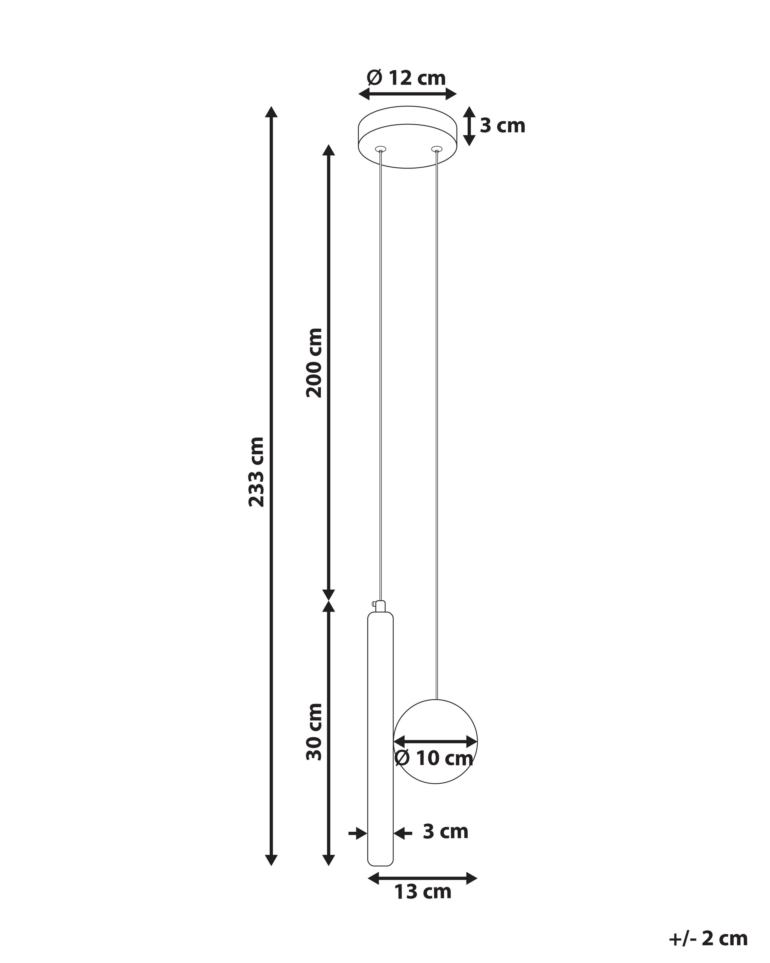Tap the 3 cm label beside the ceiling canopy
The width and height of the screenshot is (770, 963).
tap(502, 126)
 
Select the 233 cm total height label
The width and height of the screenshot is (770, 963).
tap(257, 472)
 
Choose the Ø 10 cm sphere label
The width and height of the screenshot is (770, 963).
tap(434, 758)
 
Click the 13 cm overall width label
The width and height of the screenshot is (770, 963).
tap(422, 892)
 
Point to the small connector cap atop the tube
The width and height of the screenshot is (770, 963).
tap(380, 606)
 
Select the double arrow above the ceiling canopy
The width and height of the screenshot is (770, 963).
tap(408, 94)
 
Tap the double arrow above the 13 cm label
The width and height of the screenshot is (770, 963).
tap(422, 878)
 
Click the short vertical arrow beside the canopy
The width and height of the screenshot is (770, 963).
tap(469, 126)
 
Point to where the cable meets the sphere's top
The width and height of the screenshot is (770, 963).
tap(436, 699)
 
